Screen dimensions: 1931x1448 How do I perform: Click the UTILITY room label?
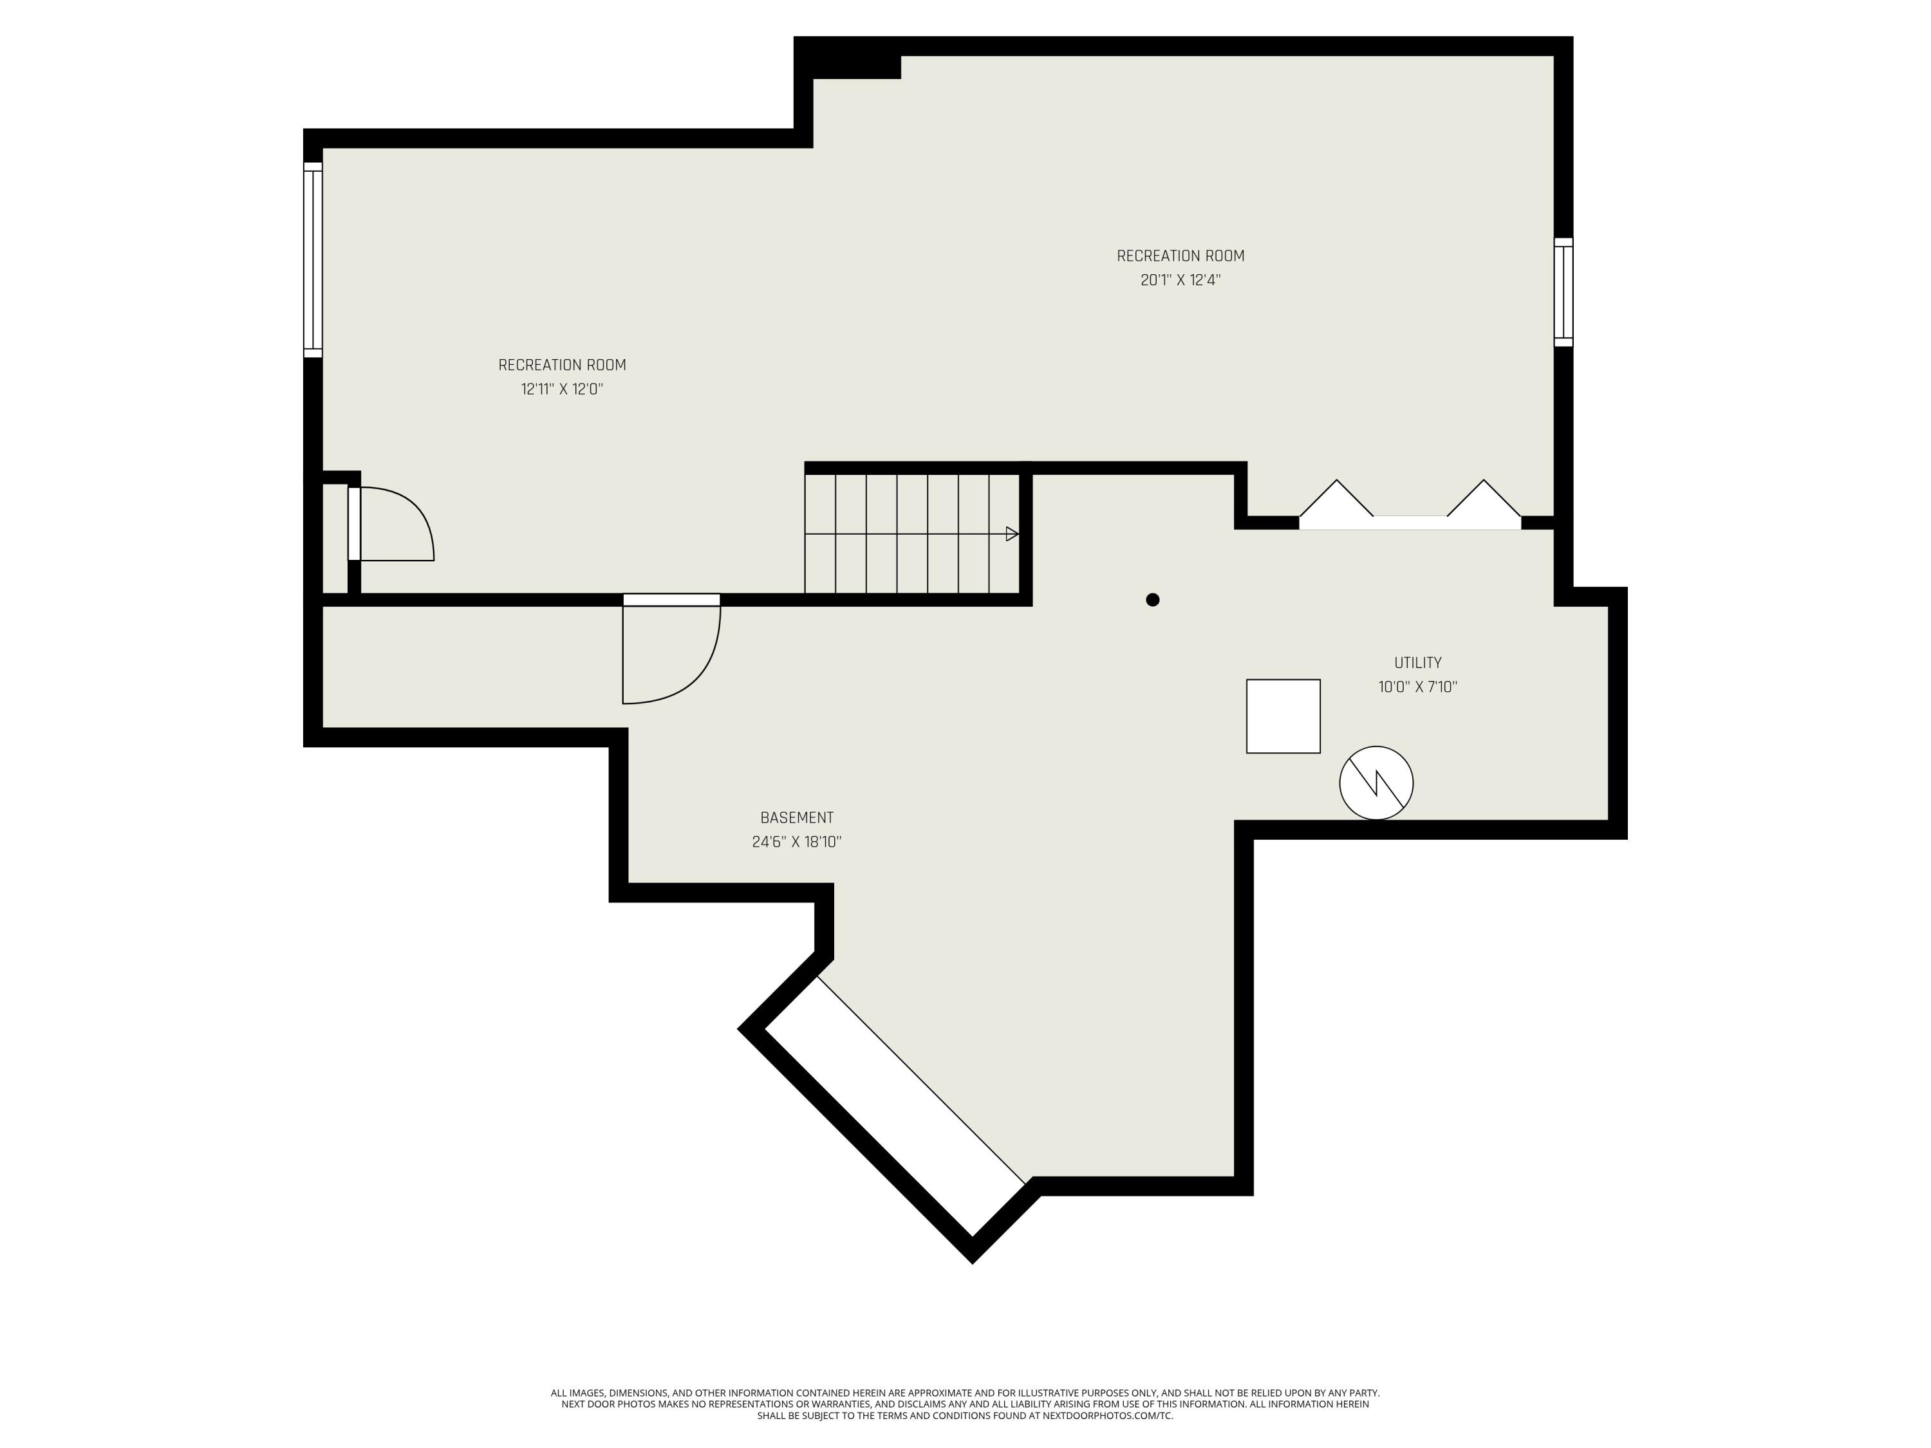(x=1418, y=662)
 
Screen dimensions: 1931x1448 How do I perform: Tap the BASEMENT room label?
(x=796, y=818)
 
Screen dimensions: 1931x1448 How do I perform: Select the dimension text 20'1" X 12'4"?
(x=1180, y=280)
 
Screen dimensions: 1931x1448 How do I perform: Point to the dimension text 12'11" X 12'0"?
(x=562, y=389)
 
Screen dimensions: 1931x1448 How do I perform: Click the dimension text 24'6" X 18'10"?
(x=796, y=842)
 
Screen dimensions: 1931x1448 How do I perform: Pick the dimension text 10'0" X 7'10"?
(x=1418, y=687)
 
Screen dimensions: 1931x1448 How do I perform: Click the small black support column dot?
(x=1152, y=600)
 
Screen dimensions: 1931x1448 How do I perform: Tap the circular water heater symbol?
(x=1377, y=783)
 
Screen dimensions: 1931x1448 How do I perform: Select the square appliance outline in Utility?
(x=1283, y=716)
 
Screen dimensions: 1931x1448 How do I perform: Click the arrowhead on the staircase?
(x=1012, y=534)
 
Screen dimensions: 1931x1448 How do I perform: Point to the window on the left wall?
(x=313, y=260)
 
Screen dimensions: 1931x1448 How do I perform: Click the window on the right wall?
(x=1563, y=292)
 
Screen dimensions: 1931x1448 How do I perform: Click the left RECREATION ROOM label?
(x=562, y=365)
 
